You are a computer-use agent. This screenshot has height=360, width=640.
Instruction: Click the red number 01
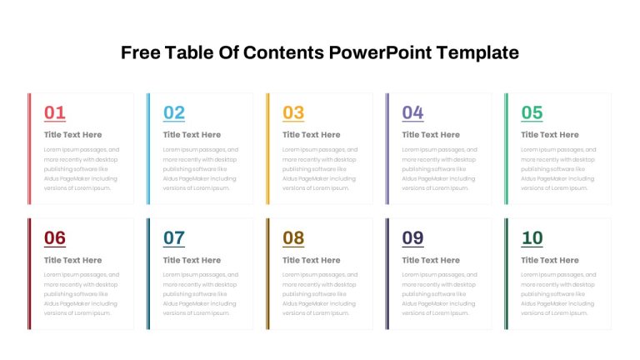(55, 112)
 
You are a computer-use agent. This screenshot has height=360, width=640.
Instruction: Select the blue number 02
(174, 112)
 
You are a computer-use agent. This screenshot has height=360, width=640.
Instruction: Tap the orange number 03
(293, 112)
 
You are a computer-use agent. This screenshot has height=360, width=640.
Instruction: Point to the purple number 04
(412, 112)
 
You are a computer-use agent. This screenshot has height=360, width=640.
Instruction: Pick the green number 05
(532, 112)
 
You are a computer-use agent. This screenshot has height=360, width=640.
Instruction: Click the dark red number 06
(55, 238)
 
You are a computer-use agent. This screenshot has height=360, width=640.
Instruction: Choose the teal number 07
(174, 238)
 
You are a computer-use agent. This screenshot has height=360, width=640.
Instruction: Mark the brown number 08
(293, 238)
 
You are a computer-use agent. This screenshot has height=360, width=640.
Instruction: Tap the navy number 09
(412, 238)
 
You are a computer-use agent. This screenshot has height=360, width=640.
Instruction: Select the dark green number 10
(532, 238)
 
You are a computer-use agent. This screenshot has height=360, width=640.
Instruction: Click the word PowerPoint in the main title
(380, 52)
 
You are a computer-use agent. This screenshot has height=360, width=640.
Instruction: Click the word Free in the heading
(140, 52)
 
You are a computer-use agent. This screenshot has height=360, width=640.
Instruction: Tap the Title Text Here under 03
(312, 135)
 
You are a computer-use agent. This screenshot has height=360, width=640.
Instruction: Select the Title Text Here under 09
(431, 260)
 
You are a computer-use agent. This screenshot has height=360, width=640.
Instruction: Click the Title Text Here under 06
(73, 260)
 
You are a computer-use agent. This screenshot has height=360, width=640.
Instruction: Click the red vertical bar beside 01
(29, 148)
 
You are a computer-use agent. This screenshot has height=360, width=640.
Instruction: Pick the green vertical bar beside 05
(506, 148)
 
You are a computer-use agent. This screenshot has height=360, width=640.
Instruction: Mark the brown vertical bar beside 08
(267, 274)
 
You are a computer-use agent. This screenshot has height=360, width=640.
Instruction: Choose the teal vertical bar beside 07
(148, 274)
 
